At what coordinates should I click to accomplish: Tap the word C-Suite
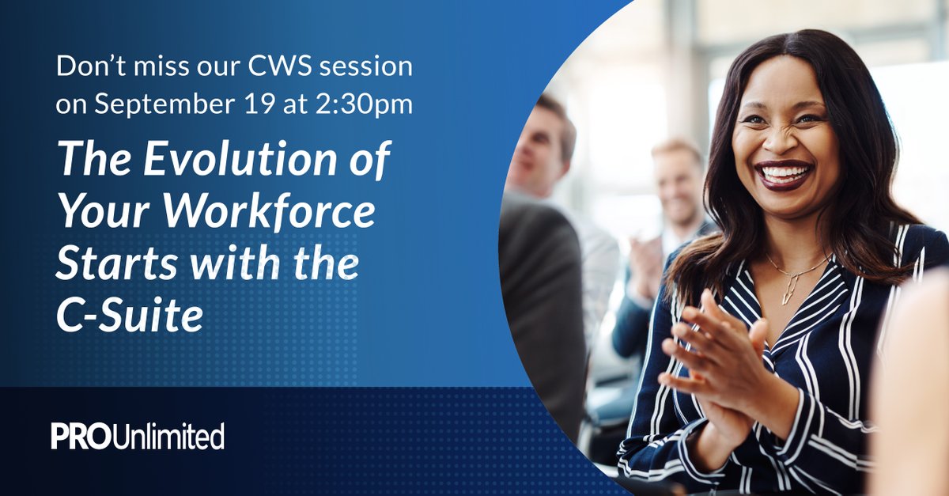(x=130, y=317)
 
